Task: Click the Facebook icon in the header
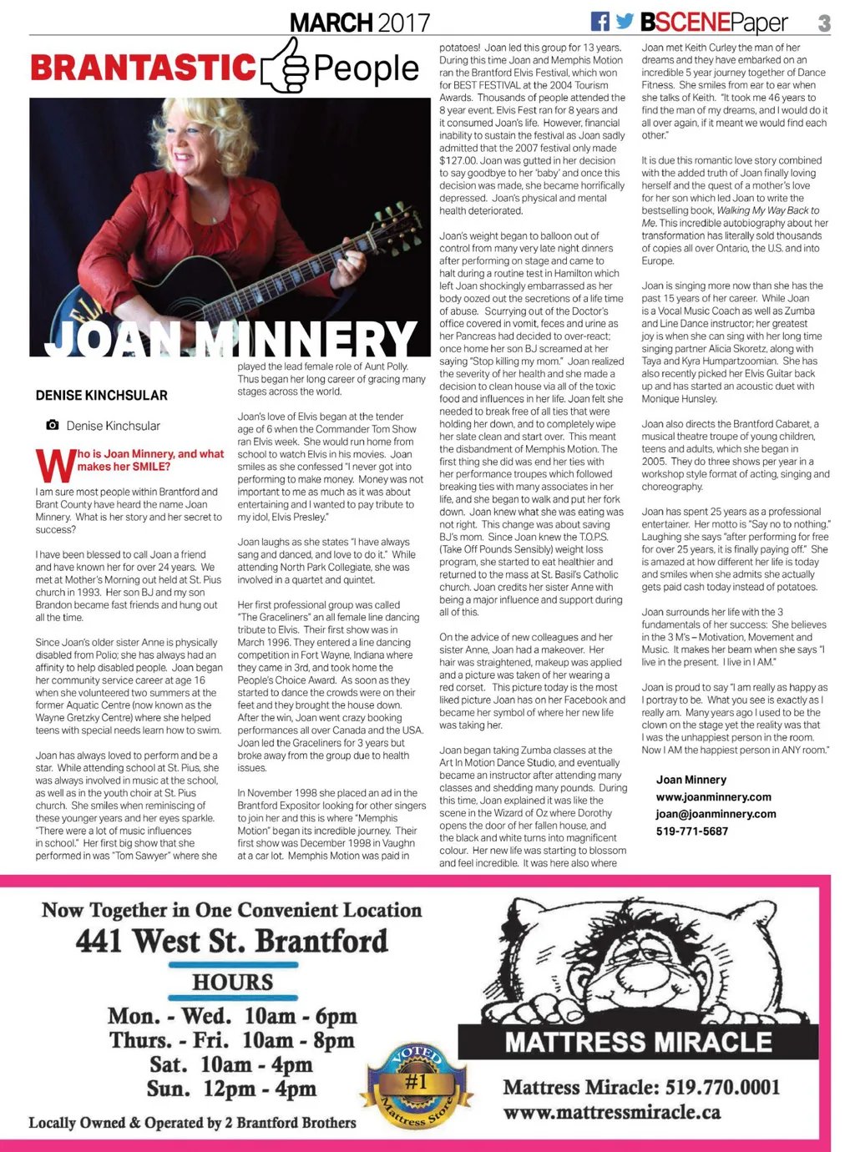600,22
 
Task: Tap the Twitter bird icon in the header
625,22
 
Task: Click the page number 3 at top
824,23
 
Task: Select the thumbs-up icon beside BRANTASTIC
285,66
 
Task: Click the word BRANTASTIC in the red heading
143,68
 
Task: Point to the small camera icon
53,425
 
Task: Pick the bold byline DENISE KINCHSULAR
102,395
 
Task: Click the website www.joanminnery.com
713,796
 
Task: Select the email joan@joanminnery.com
716,814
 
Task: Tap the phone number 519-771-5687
692,831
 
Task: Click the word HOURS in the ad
233,982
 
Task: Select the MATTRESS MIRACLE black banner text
639,1042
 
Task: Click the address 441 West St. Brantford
232,941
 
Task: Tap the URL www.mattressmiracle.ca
612,1112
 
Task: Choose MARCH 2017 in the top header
360,23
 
